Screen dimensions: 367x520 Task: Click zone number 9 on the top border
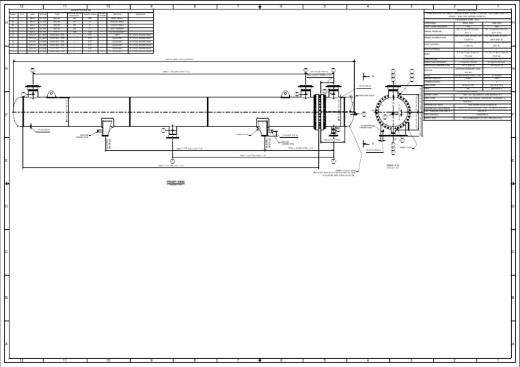coord(151,6)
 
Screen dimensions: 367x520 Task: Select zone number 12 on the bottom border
coord(22,360)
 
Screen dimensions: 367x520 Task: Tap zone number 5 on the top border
coord(324,6)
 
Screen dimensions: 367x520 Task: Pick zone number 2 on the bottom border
coord(454,360)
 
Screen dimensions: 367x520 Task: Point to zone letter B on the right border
coord(514,297)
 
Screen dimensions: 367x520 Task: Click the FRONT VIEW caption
coord(176,182)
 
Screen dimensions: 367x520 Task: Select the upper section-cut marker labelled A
coord(372,78)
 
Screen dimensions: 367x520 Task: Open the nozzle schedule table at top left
coord(81,30)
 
